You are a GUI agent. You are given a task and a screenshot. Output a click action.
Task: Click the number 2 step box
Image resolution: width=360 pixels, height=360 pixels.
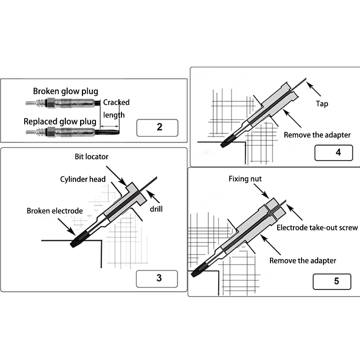tap(157, 128)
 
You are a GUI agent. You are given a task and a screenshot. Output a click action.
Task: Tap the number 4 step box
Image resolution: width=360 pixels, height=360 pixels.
tap(333, 152)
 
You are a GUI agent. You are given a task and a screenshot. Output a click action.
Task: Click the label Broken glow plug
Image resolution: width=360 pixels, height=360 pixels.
tap(65, 91)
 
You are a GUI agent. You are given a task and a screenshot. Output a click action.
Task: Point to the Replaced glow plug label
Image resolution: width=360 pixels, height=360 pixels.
tap(60, 121)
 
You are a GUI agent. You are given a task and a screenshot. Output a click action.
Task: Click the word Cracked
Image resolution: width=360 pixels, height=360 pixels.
tap(116, 103)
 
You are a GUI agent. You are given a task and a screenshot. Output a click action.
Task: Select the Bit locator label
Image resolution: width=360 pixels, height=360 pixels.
tap(92, 157)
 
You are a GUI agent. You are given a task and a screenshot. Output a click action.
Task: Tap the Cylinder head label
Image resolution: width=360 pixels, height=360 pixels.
tap(83, 179)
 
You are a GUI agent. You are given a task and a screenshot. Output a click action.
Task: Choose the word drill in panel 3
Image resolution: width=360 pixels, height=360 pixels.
tap(156, 210)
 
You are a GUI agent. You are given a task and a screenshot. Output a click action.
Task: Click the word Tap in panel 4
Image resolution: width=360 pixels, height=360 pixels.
tap(322, 104)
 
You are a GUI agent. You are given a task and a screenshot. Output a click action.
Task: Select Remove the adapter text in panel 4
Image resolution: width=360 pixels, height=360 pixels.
tap(318, 135)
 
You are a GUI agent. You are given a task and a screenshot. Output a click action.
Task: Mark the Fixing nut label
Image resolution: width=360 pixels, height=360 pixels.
tap(245, 179)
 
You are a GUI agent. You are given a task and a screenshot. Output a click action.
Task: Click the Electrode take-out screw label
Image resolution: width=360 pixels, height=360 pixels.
tap(317, 228)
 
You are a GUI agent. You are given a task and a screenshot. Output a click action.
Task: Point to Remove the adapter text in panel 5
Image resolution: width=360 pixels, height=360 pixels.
tap(303, 261)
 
